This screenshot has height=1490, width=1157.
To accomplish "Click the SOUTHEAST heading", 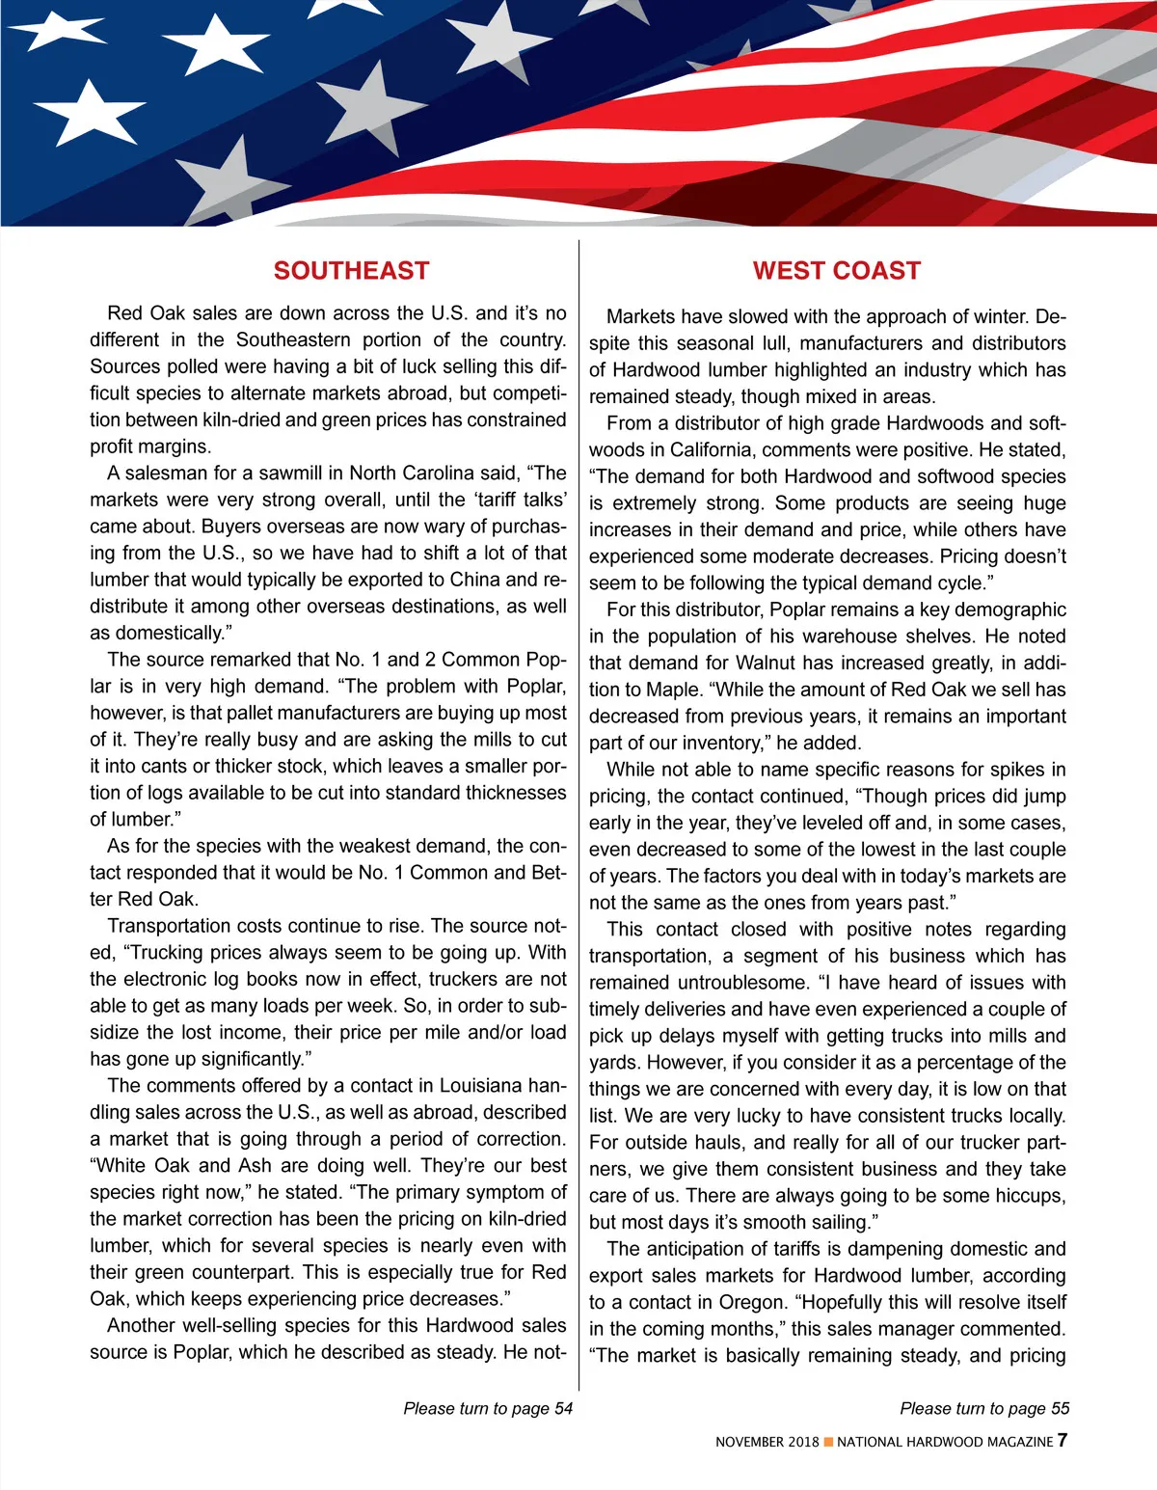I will pyautogui.click(x=351, y=271).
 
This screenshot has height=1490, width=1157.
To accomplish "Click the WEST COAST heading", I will pyautogui.click(x=837, y=271).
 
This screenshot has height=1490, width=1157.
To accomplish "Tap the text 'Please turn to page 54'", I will pyautogui.click(x=488, y=1408).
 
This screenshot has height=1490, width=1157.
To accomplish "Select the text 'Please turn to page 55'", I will pyautogui.click(x=984, y=1408).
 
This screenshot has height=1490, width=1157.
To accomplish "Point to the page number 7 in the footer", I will pyautogui.click(x=1062, y=1441).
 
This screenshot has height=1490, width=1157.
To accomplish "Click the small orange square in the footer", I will pyautogui.click(x=828, y=1443).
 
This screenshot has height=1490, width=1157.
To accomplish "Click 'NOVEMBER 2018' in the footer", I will pyautogui.click(x=767, y=1443).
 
